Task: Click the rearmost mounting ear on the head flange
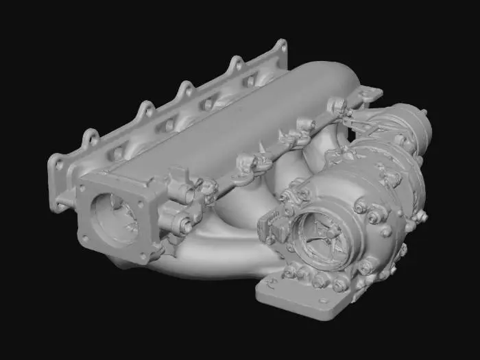[x=280, y=48]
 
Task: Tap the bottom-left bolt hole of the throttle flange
[x=85, y=238]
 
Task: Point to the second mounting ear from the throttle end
[x=146, y=109]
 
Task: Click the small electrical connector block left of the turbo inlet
[x=272, y=226]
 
